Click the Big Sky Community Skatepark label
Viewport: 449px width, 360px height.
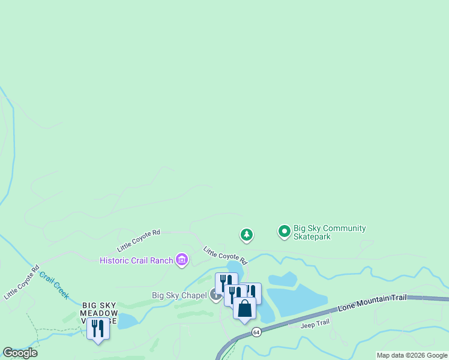[329, 232]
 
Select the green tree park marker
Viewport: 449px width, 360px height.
[246, 235]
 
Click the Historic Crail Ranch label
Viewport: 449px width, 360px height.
[137, 260]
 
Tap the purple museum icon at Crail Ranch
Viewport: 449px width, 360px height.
[182, 260]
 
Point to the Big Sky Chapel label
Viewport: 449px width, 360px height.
[179, 295]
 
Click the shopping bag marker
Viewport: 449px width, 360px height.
[244, 309]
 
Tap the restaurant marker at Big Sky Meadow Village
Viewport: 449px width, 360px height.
[98, 329]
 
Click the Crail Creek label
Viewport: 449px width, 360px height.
[54, 286]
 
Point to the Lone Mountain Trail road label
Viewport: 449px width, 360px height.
[372, 302]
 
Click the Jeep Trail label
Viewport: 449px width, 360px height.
[315, 323]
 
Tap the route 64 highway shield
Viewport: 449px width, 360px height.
[256, 332]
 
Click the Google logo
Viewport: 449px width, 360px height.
[20, 353]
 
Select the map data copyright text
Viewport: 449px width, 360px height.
[412, 355]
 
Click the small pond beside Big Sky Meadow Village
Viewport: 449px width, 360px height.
[127, 321]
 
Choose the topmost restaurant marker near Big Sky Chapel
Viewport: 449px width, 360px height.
[226, 281]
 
